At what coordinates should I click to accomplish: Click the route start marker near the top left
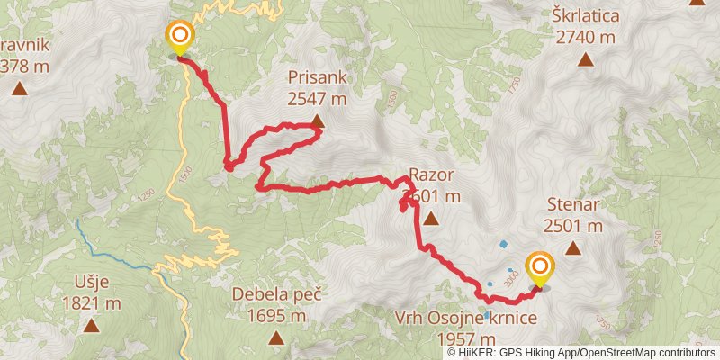click(180, 37)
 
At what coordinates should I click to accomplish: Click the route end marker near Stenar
click(540, 267)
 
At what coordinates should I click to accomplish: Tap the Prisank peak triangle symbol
click(318, 123)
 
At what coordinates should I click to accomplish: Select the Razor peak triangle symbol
click(431, 219)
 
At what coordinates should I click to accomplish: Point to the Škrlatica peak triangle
click(586, 60)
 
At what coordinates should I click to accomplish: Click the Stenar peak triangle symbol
click(571, 248)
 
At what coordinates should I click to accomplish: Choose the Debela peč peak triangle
click(276, 338)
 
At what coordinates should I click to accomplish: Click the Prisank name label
click(318, 78)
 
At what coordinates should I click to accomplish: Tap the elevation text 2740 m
click(586, 37)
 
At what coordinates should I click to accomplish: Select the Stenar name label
click(572, 204)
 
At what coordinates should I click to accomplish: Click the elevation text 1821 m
click(92, 303)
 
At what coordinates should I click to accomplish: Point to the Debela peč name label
click(276, 293)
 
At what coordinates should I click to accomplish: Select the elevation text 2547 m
click(318, 99)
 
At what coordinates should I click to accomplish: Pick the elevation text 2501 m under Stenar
click(572, 225)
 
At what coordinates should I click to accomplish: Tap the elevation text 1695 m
click(276, 315)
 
